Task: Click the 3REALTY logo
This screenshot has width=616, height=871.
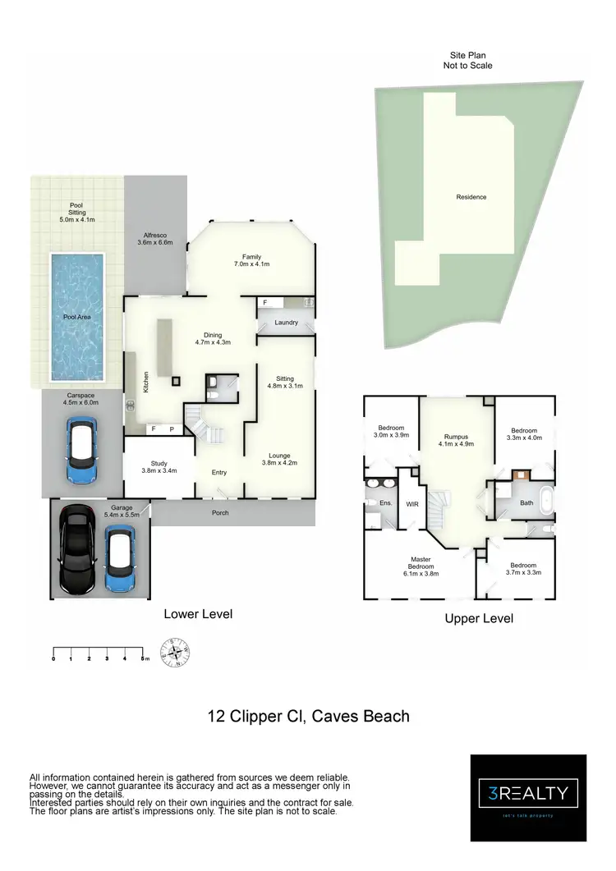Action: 528,793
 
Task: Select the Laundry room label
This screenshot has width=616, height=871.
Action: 286,323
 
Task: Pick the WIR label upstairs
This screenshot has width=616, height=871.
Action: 412,505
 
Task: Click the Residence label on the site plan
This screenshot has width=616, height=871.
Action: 471,197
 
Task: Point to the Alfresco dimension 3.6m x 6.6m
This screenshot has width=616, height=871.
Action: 154,243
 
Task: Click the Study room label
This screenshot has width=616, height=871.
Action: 159,464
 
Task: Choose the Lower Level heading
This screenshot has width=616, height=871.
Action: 198,614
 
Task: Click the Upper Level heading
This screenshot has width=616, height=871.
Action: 479,618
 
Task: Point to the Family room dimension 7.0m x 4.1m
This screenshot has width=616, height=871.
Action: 251,264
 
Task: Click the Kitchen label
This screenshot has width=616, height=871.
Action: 146,380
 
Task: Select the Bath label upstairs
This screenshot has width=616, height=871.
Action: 526,502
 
